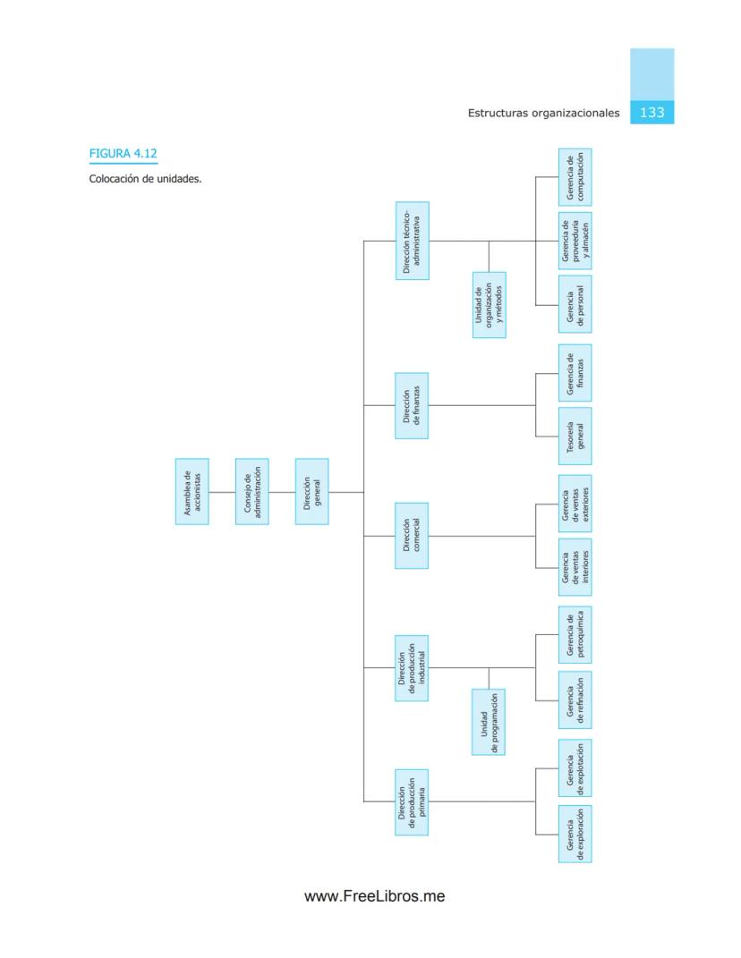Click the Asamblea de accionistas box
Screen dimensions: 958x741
click(192, 491)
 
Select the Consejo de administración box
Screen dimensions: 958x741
click(251, 491)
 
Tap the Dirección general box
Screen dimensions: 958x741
click(311, 491)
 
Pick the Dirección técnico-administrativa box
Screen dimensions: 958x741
click(412, 241)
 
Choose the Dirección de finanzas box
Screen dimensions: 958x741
click(412, 405)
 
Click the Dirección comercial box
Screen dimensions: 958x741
click(412, 536)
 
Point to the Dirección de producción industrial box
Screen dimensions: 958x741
click(412, 667)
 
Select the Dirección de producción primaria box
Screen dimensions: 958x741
click(412, 801)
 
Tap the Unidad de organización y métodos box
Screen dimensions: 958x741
click(489, 305)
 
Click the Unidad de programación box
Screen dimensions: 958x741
click(489, 722)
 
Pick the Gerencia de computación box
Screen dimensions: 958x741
click(575, 177)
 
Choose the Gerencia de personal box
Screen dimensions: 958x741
click(575, 305)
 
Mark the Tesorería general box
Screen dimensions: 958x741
click(575, 437)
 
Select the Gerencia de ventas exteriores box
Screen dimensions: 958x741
click(575, 504)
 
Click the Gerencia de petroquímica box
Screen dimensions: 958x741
click(575, 635)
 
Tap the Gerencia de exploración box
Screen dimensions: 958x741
click(575, 834)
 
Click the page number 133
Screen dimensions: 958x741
click(652, 113)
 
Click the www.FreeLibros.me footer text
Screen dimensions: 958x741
click(375, 896)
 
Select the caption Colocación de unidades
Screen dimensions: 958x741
click(145, 179)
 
